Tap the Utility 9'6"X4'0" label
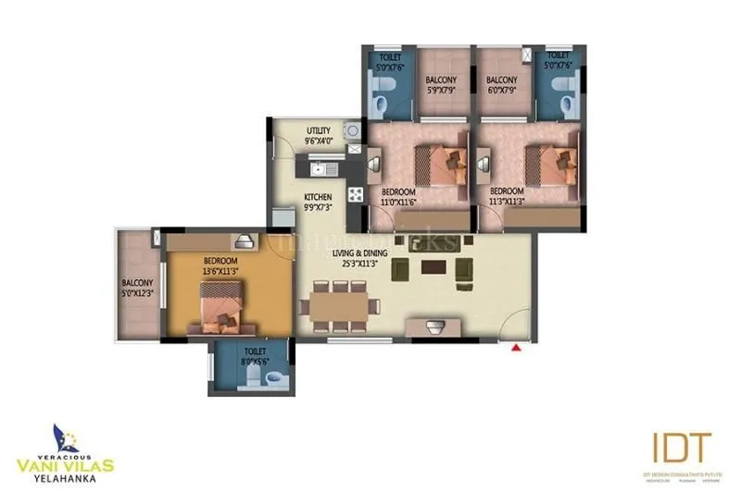coord(319,136)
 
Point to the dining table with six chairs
coord(339,304)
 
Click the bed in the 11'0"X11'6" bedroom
coord(436,167)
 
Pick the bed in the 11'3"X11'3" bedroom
coord(546,167)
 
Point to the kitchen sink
coord(318,169)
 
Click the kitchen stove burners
coord(355,194)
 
